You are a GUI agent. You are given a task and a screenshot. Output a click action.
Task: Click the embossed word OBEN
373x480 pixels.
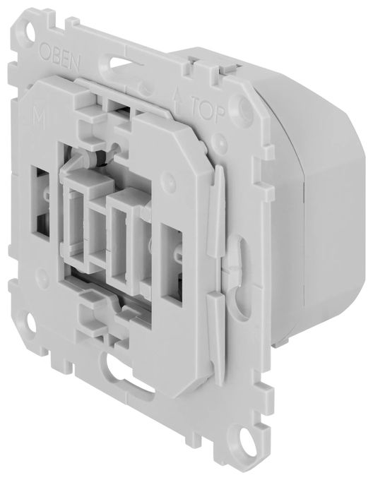coord(60,57)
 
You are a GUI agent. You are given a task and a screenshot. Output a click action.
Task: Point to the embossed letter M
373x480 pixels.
coord(39,119)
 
